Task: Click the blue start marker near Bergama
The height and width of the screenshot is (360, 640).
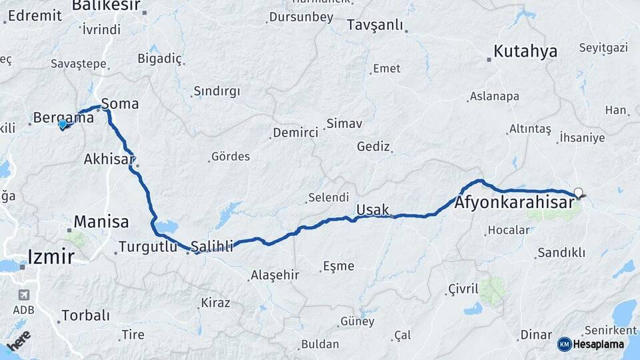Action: [x=63, y=123]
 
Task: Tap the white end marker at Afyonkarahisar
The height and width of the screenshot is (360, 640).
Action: [x=578, y=193]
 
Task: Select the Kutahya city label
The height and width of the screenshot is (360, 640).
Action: [x=525, y=51]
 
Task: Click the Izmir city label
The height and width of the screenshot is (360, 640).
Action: [x=51, y=255]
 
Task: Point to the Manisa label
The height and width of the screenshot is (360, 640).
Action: [x=101, y=221]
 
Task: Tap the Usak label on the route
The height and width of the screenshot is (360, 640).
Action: [x=373, y=210]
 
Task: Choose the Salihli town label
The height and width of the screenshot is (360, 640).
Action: [x=212, y=247]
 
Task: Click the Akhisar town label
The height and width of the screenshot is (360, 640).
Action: [x=109, y=159]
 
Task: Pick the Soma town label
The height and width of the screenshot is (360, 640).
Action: [x=120, y=104]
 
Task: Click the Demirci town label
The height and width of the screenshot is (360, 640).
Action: [x=295, y=133]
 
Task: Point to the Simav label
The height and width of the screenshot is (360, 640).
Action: [x=344, y=124]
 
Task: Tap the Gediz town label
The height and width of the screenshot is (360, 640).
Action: [x=373, y=146]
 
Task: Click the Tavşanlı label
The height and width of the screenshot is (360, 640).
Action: [x=375, y=25]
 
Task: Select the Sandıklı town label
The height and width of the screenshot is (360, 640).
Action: [x=561, y=253]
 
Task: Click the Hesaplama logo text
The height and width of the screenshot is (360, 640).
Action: [x=598, y=345]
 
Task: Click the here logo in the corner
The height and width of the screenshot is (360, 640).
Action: [x=18, y=340]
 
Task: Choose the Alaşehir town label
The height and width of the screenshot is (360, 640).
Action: [x=275, y=275]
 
